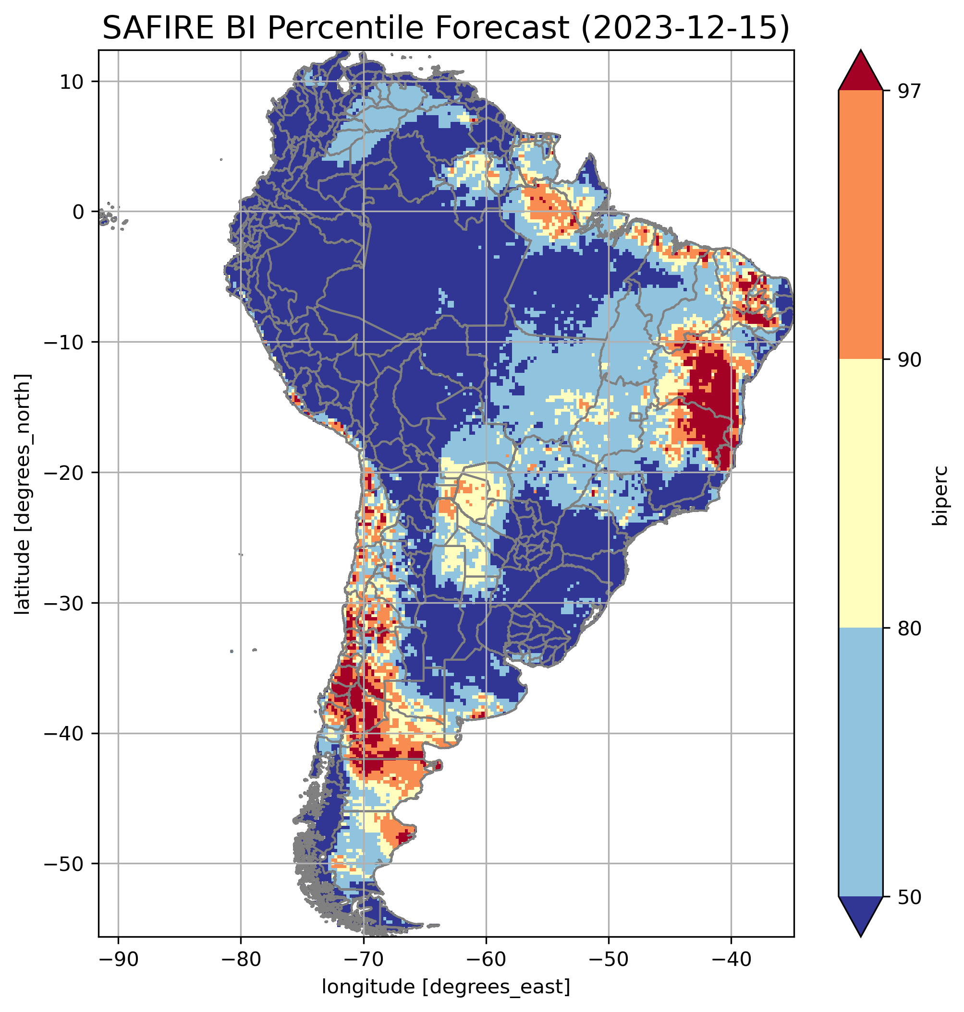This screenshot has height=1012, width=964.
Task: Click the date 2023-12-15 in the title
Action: coord(684,28)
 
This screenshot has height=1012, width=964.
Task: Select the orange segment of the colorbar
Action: coord(861,225)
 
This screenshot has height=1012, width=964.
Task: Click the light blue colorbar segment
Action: coord(861,762)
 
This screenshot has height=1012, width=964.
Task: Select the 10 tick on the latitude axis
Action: coord(73,82)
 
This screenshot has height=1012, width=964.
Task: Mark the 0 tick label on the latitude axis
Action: coord(78,212)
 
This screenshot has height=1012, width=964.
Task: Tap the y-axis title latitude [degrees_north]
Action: coord(23,494)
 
